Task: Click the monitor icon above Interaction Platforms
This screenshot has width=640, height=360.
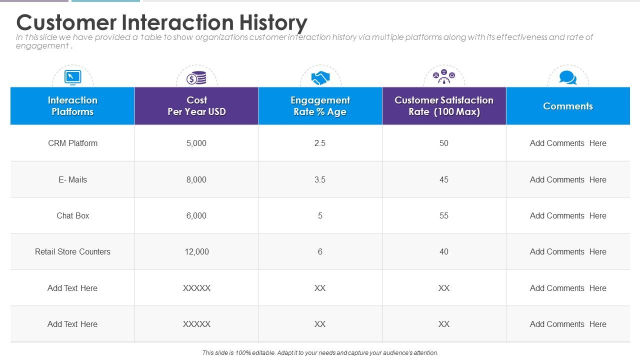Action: (x=72, y=77)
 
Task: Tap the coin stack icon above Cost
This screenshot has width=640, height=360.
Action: (x=196, y=78)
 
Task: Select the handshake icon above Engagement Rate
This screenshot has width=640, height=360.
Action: (x=320, y=78)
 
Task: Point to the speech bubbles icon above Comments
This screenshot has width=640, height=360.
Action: (x=568, y=77)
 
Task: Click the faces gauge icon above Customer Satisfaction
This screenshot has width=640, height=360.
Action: (x=444, y=77)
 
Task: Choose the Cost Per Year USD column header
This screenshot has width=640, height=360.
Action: (x=196, y=106)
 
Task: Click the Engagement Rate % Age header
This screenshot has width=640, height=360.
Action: (x=320, y=106)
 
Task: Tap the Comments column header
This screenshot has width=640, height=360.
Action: (x=568, y=106)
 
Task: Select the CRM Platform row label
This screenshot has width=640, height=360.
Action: (x=72, y=143)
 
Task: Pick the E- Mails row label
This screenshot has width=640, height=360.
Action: (x=72, y=179)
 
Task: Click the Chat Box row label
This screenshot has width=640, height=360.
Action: (x=72, y=215)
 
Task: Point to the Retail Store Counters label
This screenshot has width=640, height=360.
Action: (x=72, y=251)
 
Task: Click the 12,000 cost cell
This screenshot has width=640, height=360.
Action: (x=196, y=251)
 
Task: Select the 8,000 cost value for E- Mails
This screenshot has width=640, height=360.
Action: (x=196, y=179)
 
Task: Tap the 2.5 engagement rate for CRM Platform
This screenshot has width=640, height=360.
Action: (x=320, y=143)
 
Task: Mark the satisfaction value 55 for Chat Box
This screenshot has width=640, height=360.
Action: (x=444, y=215)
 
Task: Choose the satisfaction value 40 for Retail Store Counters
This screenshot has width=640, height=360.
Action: (x=444, y=251)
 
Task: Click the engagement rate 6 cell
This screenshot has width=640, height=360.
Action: (x=320, y=251)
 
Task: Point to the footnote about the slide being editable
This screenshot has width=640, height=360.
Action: (x=320, y=352)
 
